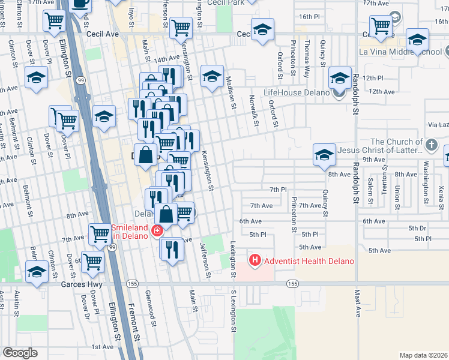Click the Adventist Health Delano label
click(x=309, y=261)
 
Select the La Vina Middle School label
click(x=400, y=52)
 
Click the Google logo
click(x=20, y=353)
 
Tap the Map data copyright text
click(x=424, y=355)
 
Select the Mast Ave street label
click(x=357, y=305)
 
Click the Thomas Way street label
click(x=307, y=53)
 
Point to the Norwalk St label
click(x=255, y=113)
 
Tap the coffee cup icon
click(x=80, y=4)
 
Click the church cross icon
click(x=431, y=145)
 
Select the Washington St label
click(x=425, y=173)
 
